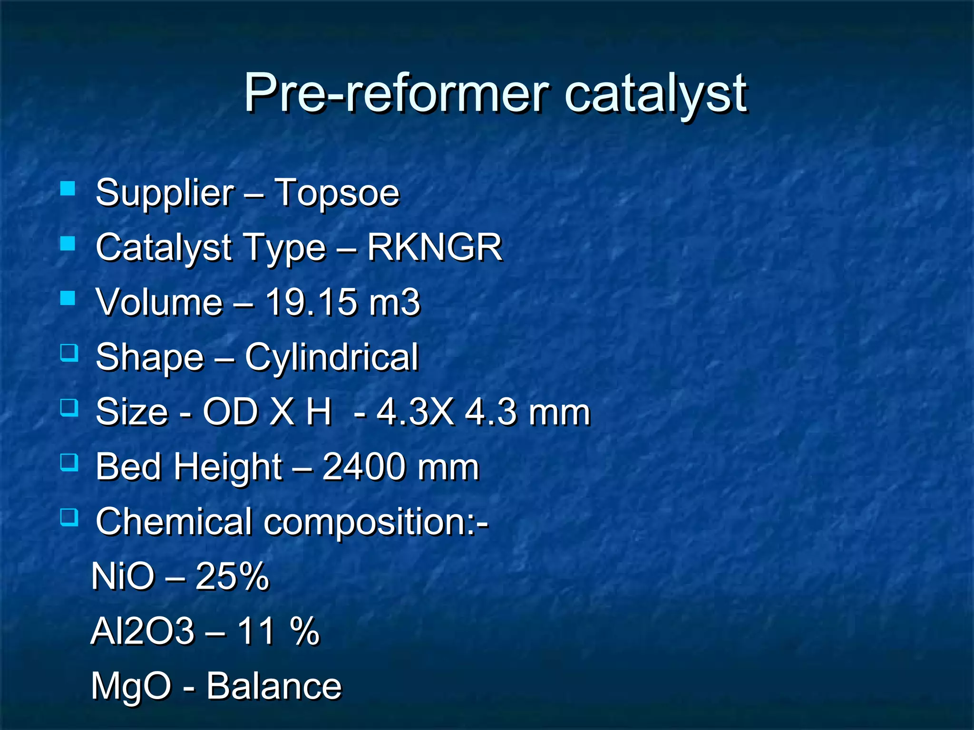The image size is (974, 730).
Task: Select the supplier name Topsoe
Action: coord(337,193)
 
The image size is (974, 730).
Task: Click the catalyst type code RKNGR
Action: coord(434,248)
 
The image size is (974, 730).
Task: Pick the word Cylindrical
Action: coord(331,357)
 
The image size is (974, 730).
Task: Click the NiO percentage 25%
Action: coord(232,576)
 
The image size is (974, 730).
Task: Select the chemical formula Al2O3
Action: coord(142,631)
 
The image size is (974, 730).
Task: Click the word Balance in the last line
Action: coord(274,686)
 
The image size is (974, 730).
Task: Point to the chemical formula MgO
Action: coord(131,686)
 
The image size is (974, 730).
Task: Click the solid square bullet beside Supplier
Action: coord(68,189)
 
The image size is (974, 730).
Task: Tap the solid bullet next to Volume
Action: coord(68,298)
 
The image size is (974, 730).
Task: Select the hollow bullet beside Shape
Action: coord(69,353)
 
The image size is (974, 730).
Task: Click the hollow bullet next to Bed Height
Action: coord(69,462)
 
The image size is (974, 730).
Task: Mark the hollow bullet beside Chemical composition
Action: coord(69,517)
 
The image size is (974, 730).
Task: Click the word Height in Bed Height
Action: coord(228,467)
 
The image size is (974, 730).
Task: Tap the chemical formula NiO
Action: coord(123,576)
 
